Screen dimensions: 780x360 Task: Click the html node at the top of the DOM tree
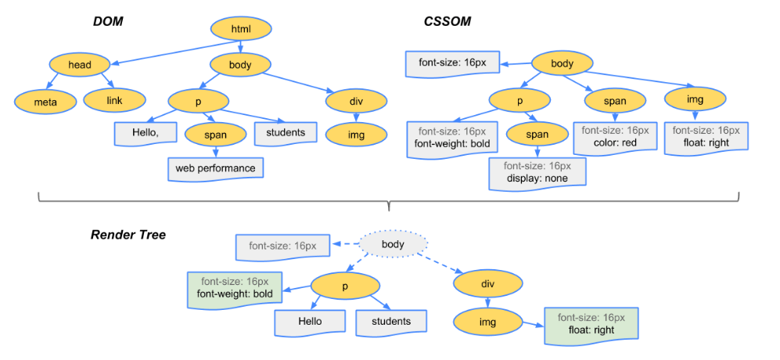pyautogui.click(x=241, y=30)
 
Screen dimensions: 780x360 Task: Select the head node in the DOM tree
pyautogui.click(x=79, y=64)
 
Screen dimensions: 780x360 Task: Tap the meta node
pyautogui.click(x=45, y=102)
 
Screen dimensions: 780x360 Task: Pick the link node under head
pyautogui.click(x=114, y=100)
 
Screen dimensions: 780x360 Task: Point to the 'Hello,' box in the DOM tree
pyautogui.click(x=146, y=133)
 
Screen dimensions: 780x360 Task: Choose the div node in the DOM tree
pyautogui.click(x=357, y=102)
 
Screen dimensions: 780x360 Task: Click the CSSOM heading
pyautogui.click(x=448, y=21)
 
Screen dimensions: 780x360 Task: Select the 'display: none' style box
pyautogui.click(x=537, y=173)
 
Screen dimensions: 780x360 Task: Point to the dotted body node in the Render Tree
pyautogui.click(x=393, y=244)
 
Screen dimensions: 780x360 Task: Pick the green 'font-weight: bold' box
pyautogui.click(x=235, y=287)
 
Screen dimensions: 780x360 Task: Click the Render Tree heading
pyautogui.click(x=128, y=235)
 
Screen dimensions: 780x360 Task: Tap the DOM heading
pyautogui.click(x=108, y=21)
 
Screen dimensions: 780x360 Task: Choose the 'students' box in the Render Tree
pyautogui.click(x=391, y=322)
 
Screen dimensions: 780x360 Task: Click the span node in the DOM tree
pyautogui.click(x=216, y=134)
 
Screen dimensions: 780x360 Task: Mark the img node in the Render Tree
pyautogui.click(x=487, y=322)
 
